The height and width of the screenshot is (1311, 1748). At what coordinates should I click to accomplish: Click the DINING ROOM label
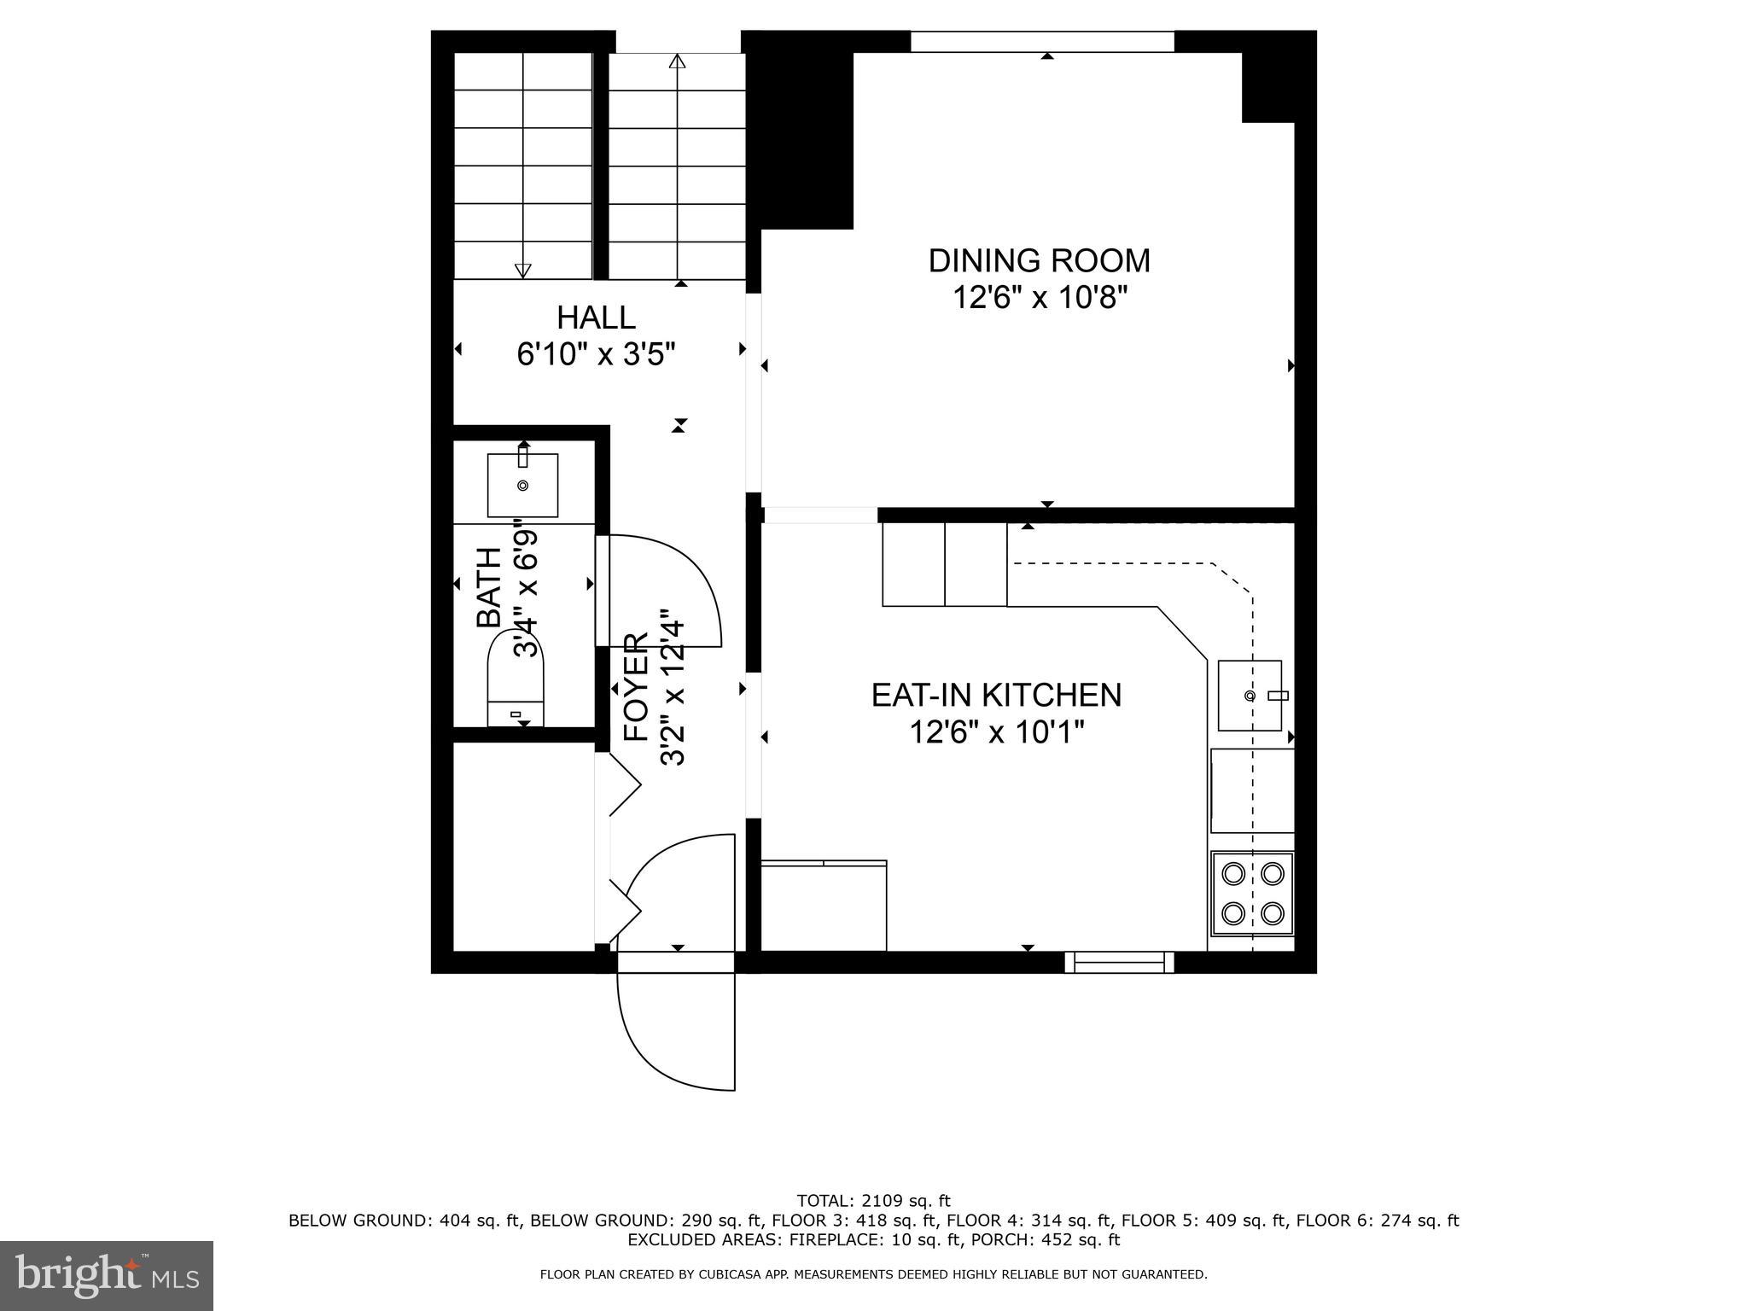pyautogui.click(x=1039, y=261)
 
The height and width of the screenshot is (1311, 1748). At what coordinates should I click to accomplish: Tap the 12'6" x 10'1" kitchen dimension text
pyautogui.click(x=996, y=732)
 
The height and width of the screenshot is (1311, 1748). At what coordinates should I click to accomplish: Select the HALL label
pyautogui.click(x=596, y=318)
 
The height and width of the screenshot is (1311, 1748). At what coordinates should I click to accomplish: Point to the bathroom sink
pyautogui.click(x=522, y=486)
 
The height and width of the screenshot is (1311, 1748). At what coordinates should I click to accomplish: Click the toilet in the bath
pyautogui.click(x=516, y=688)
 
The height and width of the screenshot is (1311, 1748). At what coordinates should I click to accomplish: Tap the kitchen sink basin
pyautogui.click(x=1250, y=696)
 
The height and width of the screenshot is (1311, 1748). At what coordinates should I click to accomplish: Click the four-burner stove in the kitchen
pyautogui.click(x=1252, y=894)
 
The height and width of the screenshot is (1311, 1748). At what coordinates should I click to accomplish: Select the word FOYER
pyautogui.click(x=637, y=687)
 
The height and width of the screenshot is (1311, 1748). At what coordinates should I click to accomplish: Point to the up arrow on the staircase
pyautogui.click(x=677, y=62)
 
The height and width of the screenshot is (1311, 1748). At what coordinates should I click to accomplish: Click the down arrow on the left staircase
pyautogui.click(x=522, y=270)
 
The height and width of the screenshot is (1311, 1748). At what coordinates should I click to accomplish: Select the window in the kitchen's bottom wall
pyautogui.click(x=1119, y=963)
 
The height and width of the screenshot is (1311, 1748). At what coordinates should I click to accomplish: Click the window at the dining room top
pyautogui.click(x=1042, y=41)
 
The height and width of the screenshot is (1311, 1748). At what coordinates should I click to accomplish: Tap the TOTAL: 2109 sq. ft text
pyautogui.click(x=873, y=1201)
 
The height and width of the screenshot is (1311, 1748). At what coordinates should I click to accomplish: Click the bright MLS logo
pyautogui.click(x=106, y=1275)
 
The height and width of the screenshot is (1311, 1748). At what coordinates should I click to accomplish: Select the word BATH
pyautogui.click(x=489, y=587)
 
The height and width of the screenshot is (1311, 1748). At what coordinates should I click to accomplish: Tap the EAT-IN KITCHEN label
pyautogui.click(x=996, y=695)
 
